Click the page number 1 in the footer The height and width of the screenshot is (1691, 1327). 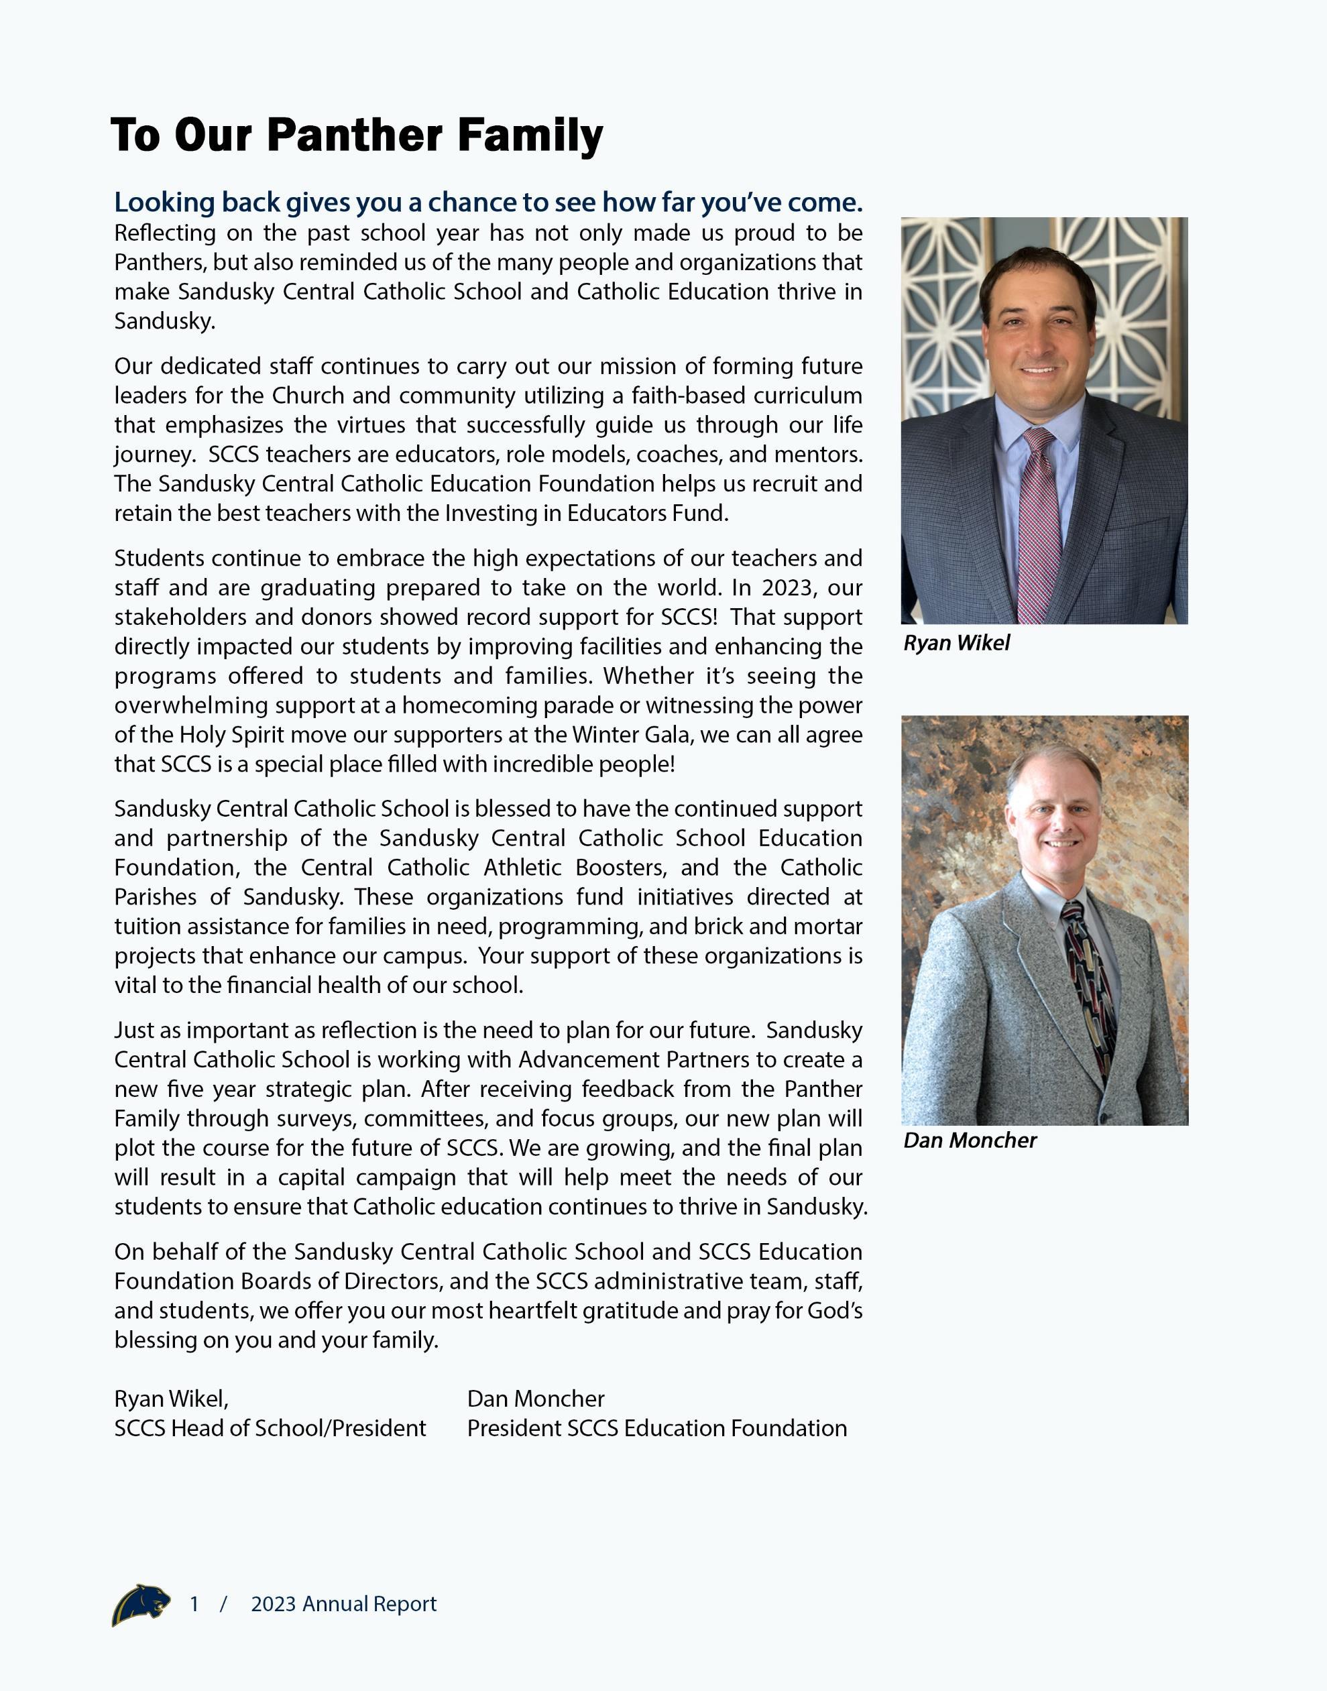[x=194, y=1604]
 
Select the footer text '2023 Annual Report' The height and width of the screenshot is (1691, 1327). [x=343, y=1604]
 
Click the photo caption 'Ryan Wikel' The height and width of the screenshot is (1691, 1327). [x=956, y=643]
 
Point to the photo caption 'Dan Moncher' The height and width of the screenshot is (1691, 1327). [x=970, y=1141]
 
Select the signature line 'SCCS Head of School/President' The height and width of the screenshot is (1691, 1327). [x=270, y=1428]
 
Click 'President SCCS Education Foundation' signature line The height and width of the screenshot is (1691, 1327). [x=656, y=1428]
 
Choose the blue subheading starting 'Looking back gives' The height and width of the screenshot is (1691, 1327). [x=488, y=202]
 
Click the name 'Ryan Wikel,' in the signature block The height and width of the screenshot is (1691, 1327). [x=171, y=1399]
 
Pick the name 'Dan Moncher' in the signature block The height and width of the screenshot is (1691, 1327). [x=535, y=1399]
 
